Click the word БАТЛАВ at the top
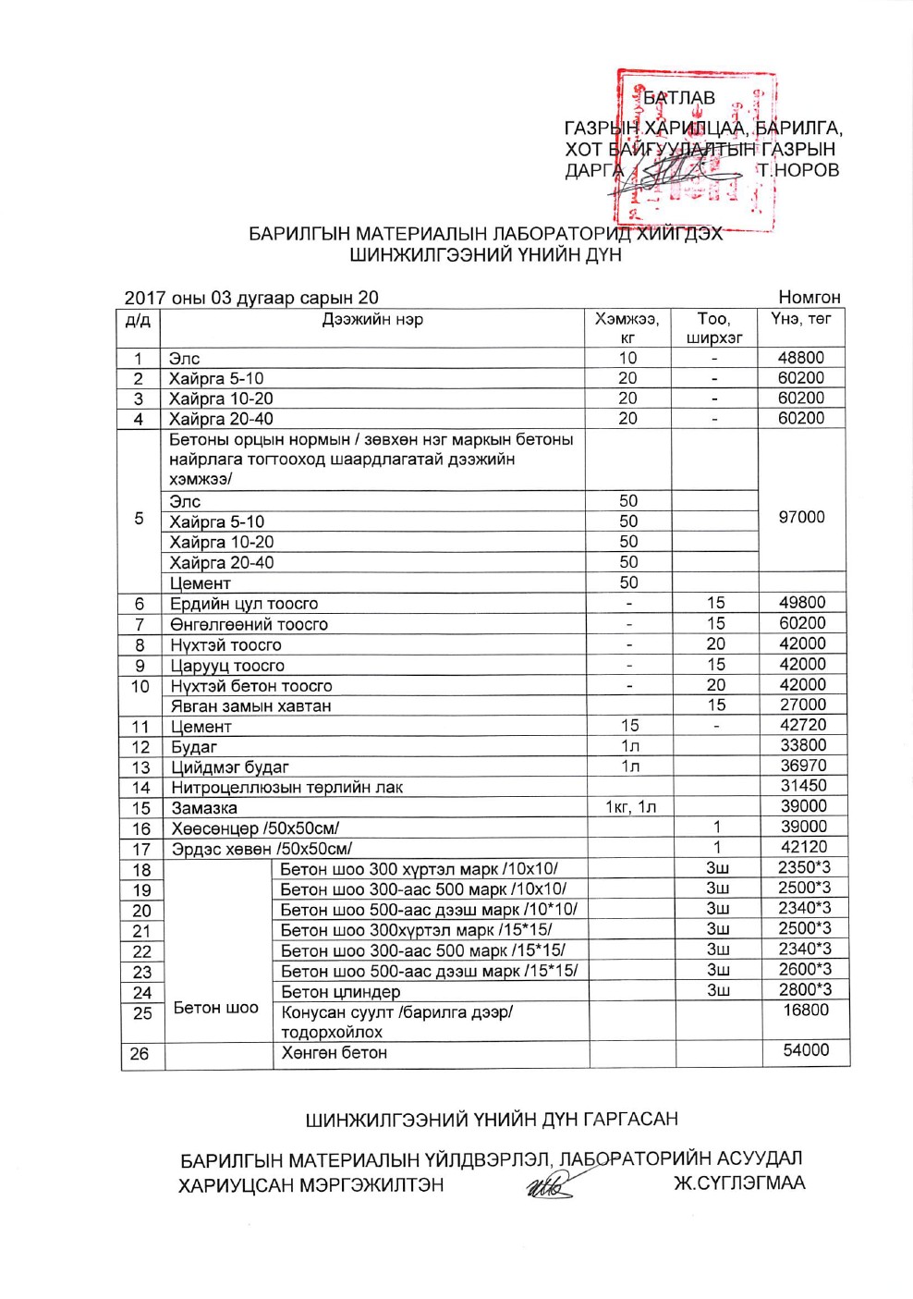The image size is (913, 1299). (679, 98)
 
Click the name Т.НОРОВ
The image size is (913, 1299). (797, 170)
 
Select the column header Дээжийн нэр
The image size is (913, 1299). (372, 320)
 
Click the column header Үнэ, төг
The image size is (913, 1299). (801, 319)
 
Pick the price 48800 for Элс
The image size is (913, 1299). (801, 358)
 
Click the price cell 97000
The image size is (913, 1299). (801, 517)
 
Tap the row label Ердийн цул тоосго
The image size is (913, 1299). (244, 604)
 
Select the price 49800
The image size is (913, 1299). (802, 603)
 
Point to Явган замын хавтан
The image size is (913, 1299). (250, 705)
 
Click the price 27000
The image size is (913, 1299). (802, 705)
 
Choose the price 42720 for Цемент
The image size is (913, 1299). (802, 725)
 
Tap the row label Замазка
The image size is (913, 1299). (204, 807)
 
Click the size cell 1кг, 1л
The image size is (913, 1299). (631, 807)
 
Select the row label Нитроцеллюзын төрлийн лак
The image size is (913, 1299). (286, 787)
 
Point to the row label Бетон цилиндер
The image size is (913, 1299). (341, 992)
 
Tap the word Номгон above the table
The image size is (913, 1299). (810, 297)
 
